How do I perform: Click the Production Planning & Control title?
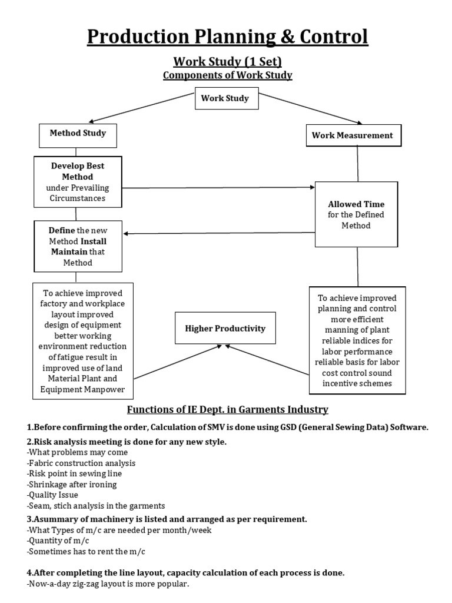pos(227,37)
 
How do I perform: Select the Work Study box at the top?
pos(225,98)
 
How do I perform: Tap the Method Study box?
pos(78,134)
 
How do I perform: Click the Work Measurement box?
pos(352,135)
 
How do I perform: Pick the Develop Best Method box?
pos(78,182)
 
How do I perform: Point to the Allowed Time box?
pos(356,214)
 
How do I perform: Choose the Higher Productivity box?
pos(225,328)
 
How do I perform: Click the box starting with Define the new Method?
pos(78,246)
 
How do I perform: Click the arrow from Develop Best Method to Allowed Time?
pos(218,188)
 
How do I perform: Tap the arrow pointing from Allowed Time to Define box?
pos(218,233)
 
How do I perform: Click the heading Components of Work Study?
pos(227,75)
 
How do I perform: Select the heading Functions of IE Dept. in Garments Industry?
pos(228,409)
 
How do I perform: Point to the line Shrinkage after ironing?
pos(72,484)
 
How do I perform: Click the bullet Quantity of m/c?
pos(57,540)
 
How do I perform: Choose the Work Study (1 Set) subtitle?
pos(227,61)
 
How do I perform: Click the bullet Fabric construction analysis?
pos(81,463)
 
